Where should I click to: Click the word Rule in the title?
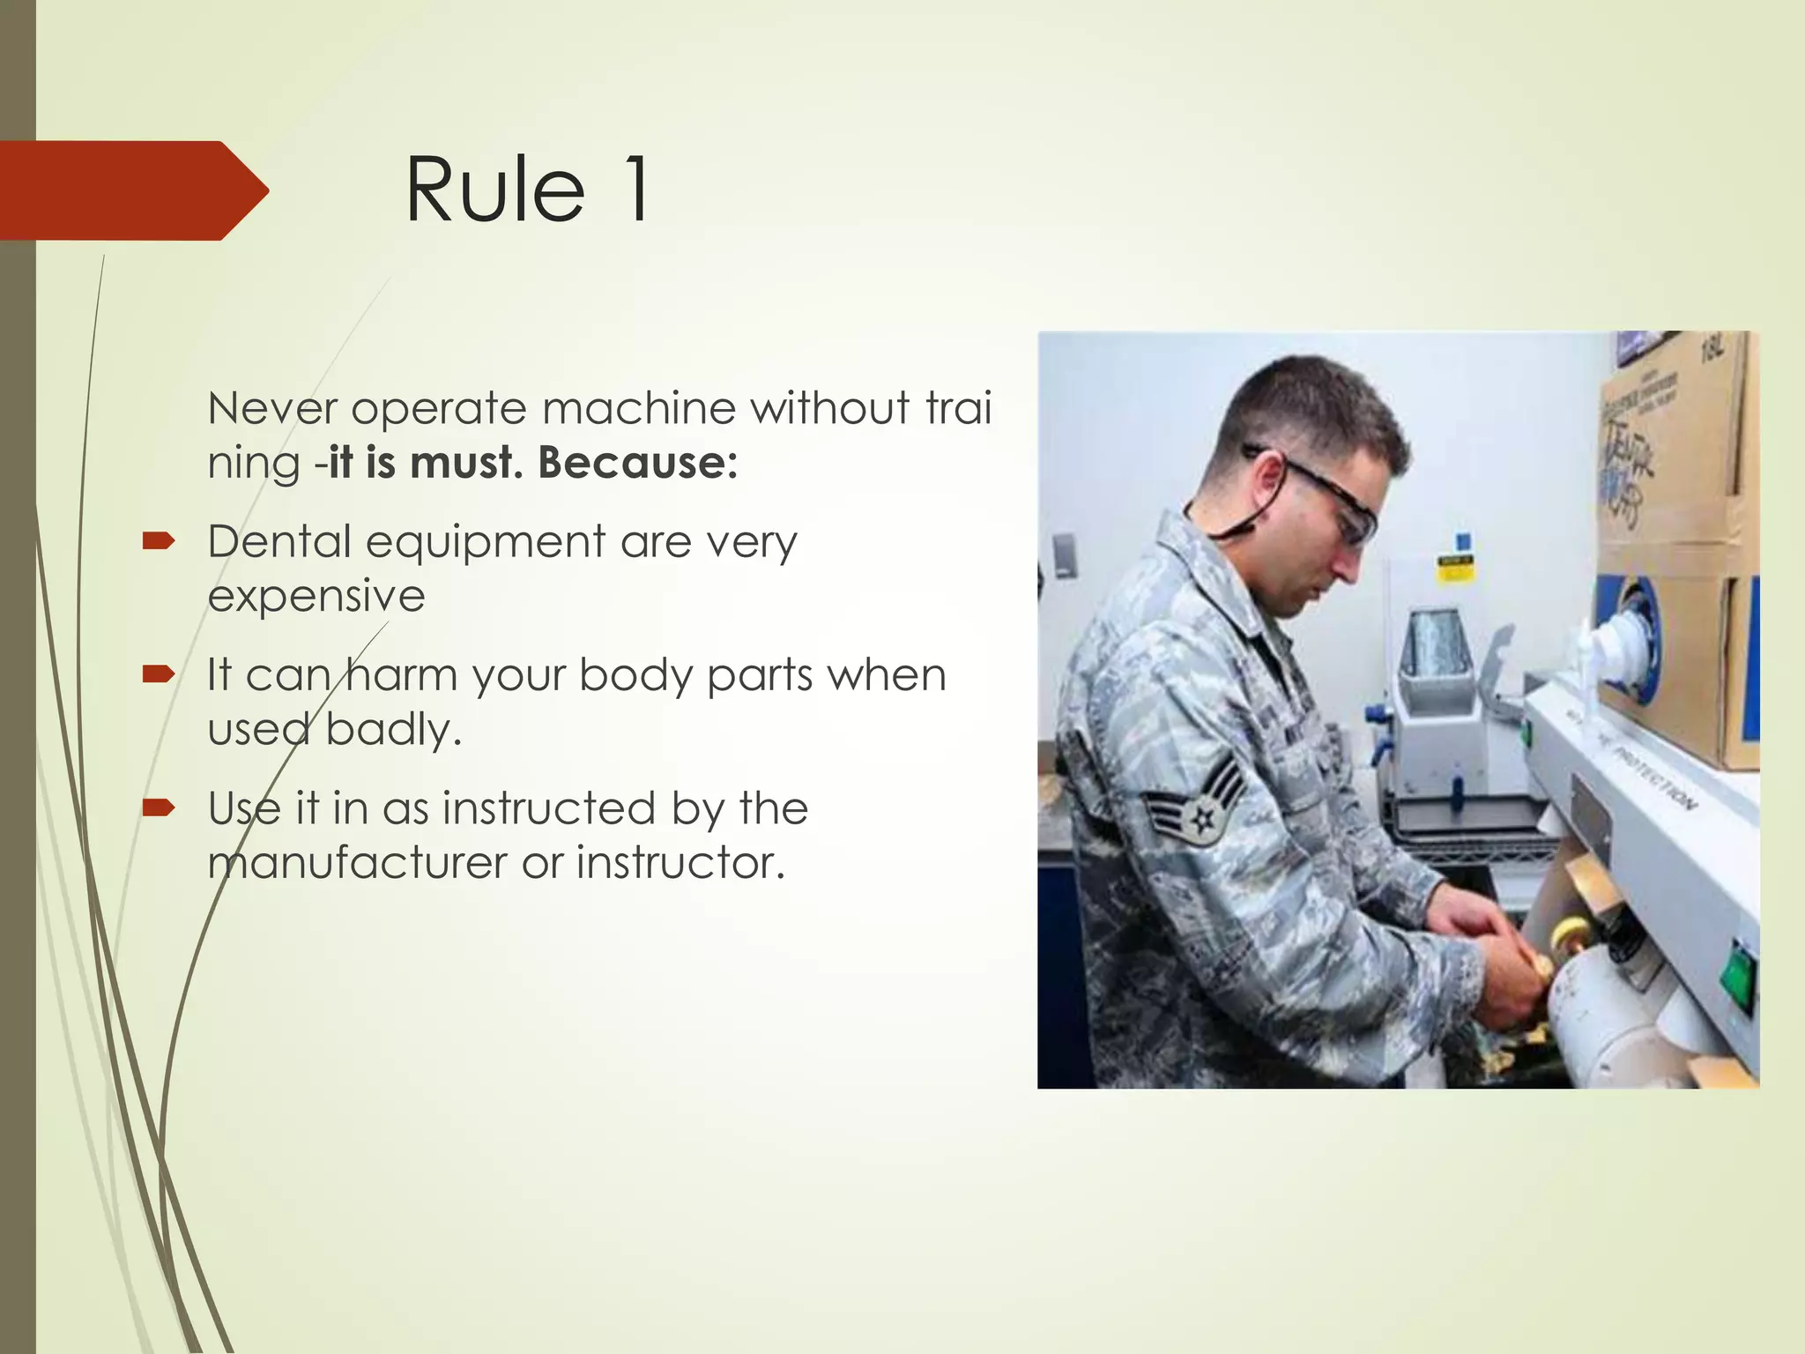point(494,190)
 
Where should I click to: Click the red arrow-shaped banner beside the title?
point(132,190)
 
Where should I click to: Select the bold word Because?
point(637,462)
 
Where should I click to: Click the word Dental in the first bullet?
point(279,541)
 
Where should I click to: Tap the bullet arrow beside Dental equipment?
point(159,541)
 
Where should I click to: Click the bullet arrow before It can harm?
point(159,675)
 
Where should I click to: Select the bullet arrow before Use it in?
point(159,807)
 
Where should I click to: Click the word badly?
point(393,730)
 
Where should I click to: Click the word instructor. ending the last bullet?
point(680,863)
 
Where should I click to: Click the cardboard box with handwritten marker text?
point(1666,458)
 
